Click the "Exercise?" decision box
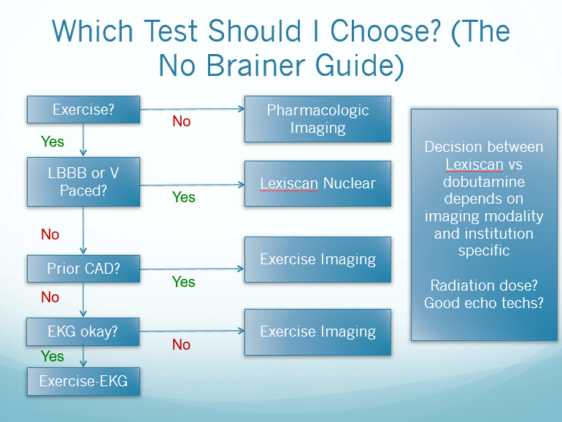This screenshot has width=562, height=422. [x=83, y=110]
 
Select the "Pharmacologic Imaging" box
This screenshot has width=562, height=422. [x=318, y=119]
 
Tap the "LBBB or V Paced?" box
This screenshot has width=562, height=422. [x=83, y=182]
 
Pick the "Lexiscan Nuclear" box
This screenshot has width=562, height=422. [x=318, y=183]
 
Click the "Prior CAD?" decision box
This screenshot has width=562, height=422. [x=83, y=269]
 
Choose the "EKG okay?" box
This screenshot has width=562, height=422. [x=82, y=331]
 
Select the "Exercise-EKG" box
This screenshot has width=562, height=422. [x=83, y=381]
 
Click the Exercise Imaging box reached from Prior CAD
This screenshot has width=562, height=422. [x=318, y=259]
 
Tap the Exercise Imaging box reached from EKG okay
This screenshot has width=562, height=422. [x=318, y=332]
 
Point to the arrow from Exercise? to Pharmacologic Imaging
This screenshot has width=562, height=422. [x=193, y=109]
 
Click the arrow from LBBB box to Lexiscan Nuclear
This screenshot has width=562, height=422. [x=193, y=185]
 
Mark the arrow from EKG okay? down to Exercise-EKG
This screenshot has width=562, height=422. [x=83, y=356]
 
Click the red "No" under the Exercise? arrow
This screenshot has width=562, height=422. [x=181, y=121]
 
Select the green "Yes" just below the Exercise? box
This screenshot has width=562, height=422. [x=53, y=142]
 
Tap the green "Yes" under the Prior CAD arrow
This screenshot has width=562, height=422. [x=183, y=282]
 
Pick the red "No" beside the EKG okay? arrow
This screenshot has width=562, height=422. [x=181, y=345]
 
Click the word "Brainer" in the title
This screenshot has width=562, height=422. [x=255, y=65]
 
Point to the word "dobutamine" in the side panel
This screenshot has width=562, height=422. [x=484, y=181]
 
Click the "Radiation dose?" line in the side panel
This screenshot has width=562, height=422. [x=484, y=285]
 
